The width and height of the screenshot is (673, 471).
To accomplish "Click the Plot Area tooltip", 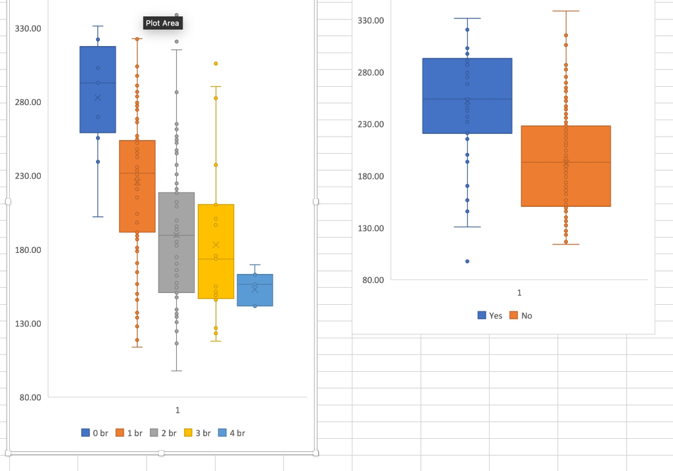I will click(x=162, y=24).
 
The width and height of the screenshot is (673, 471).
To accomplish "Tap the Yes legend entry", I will click(x=490, y=316).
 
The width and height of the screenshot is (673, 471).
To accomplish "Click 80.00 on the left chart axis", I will click(x=28, y=397).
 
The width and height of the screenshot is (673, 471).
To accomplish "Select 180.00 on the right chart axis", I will click(x=371, y=176).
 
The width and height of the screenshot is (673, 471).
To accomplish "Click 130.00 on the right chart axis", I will click(x=371, y=229).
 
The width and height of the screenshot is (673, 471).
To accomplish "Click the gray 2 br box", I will click(x=177, y=263).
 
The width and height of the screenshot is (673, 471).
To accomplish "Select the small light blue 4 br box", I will click(x=255, y=294).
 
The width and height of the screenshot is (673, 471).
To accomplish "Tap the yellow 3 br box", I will click(x=216, y=276).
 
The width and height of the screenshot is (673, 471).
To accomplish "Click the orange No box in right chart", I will click(x=566, y=184).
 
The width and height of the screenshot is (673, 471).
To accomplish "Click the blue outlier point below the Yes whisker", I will click(x=467, y=261).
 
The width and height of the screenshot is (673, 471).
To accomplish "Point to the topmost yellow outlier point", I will click(x=216, y=64).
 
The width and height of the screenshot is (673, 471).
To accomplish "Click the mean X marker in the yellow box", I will click(x=216, y=245).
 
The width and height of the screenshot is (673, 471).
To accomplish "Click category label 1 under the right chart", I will click(x=519, y=292).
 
